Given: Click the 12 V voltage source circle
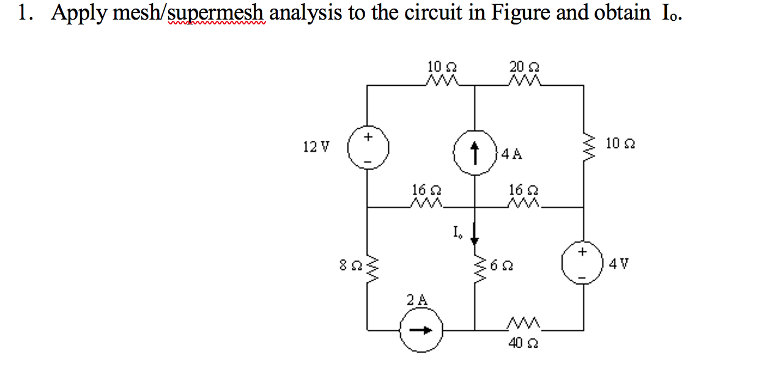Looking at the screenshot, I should pyautogui.click(x=367, y=148).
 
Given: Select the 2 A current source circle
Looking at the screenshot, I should pyautogui.click(x=419, y=330).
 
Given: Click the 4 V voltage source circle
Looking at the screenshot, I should pyautogui.click(x=582, y=264).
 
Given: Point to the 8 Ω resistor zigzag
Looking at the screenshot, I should pyautogui.click(x=367, y=268).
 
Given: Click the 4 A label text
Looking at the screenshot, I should pyautogui.click(x=512, y=154).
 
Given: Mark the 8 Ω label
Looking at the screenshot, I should pyautogui.click(x=347, y=267).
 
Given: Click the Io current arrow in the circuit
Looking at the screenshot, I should pyautogui.click(x=475, y=233).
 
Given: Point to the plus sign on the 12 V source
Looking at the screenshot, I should pyautogui.click(x=368, y=136).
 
